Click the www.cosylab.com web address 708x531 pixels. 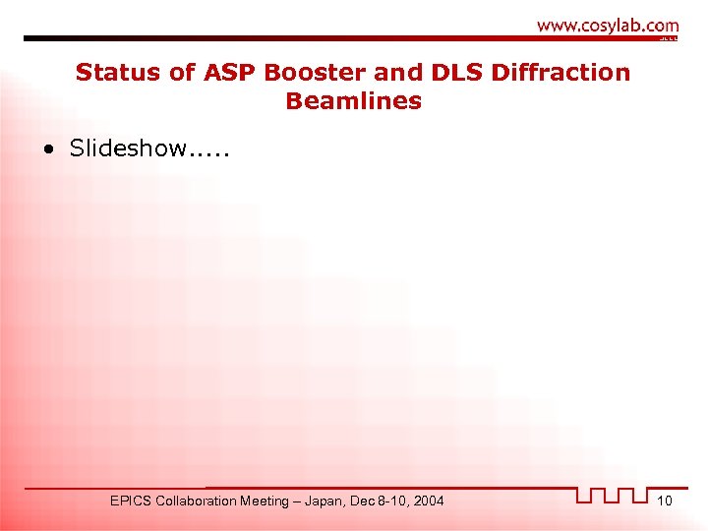[x=608, y=26]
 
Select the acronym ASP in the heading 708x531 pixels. [x=227, y=73]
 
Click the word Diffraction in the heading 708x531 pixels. [x=562, y=73]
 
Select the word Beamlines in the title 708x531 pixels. [x=353, y=100]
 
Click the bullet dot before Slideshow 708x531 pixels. [x=48, y=149]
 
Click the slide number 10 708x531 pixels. [x=665, y=501]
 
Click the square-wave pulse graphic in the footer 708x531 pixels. [x=613, y=496]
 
